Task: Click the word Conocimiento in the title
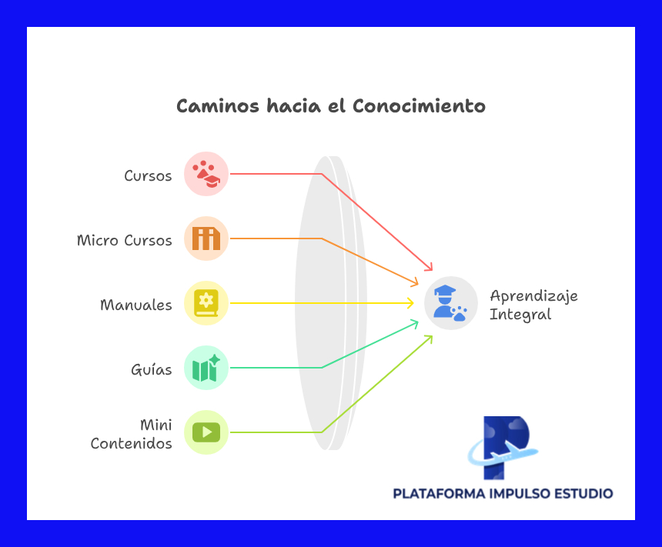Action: [x=419, y=106]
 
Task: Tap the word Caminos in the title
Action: [x=218, y=106]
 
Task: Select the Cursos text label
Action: [x=148, y=175]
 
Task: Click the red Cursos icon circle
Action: [x=206, y=174]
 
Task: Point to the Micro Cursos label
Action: [x=125, y=240]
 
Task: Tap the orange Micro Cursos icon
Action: [x=206, y=238]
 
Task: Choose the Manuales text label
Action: [x=136, y=305]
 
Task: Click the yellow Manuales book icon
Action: [x=206, y=303]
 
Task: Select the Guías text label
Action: [x=151, y=369]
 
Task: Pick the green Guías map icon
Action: [x=206, y=368]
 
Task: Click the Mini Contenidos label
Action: [x=132, y=434]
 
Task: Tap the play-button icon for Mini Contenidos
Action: [x=206, y=432]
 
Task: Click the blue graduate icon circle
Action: [x=451, y=303]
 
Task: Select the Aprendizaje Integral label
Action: [x=533, y=305]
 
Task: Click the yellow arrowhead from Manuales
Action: [x=410, y=303]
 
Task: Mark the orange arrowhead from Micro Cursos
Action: [x=414, y=282]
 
